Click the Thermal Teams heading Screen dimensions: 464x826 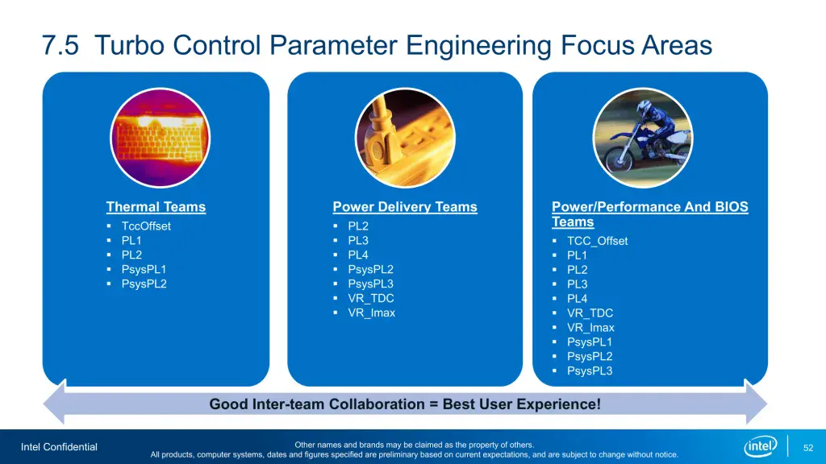(x=156, y=207)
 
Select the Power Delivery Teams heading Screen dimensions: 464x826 (x=405, y=207)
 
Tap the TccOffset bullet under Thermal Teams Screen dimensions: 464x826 (x=146, y=226)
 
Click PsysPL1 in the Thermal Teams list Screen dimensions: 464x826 (x=144, y=270)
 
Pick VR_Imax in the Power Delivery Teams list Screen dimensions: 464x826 (x=372, y=313)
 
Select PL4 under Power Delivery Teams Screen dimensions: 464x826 (x=358, y=255)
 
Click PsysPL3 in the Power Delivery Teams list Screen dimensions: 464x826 (x=371, y=284)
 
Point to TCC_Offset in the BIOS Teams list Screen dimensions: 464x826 (x=597, y=241)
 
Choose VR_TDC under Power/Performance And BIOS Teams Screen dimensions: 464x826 (x=590, y=313)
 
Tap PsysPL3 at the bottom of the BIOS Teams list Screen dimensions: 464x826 (x=590, y=371)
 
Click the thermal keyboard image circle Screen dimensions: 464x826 (x=160, y=138)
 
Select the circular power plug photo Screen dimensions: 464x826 (x=405, y=138)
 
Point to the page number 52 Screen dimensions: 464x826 (x=808, y=447)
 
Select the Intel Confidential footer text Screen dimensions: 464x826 (x=59, y=447)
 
